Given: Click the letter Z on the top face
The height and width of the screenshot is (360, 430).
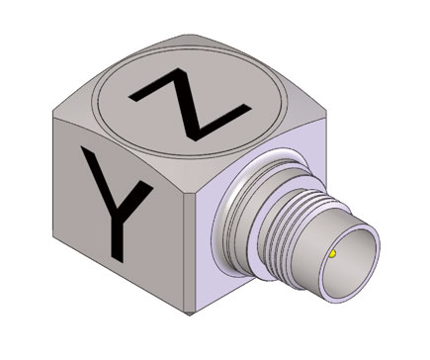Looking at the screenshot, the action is tap(190, 104).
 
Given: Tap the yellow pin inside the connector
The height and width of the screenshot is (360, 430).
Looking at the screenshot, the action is tap(333, 254).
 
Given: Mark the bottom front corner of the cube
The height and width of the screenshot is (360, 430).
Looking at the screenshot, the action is tap(190, 314).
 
